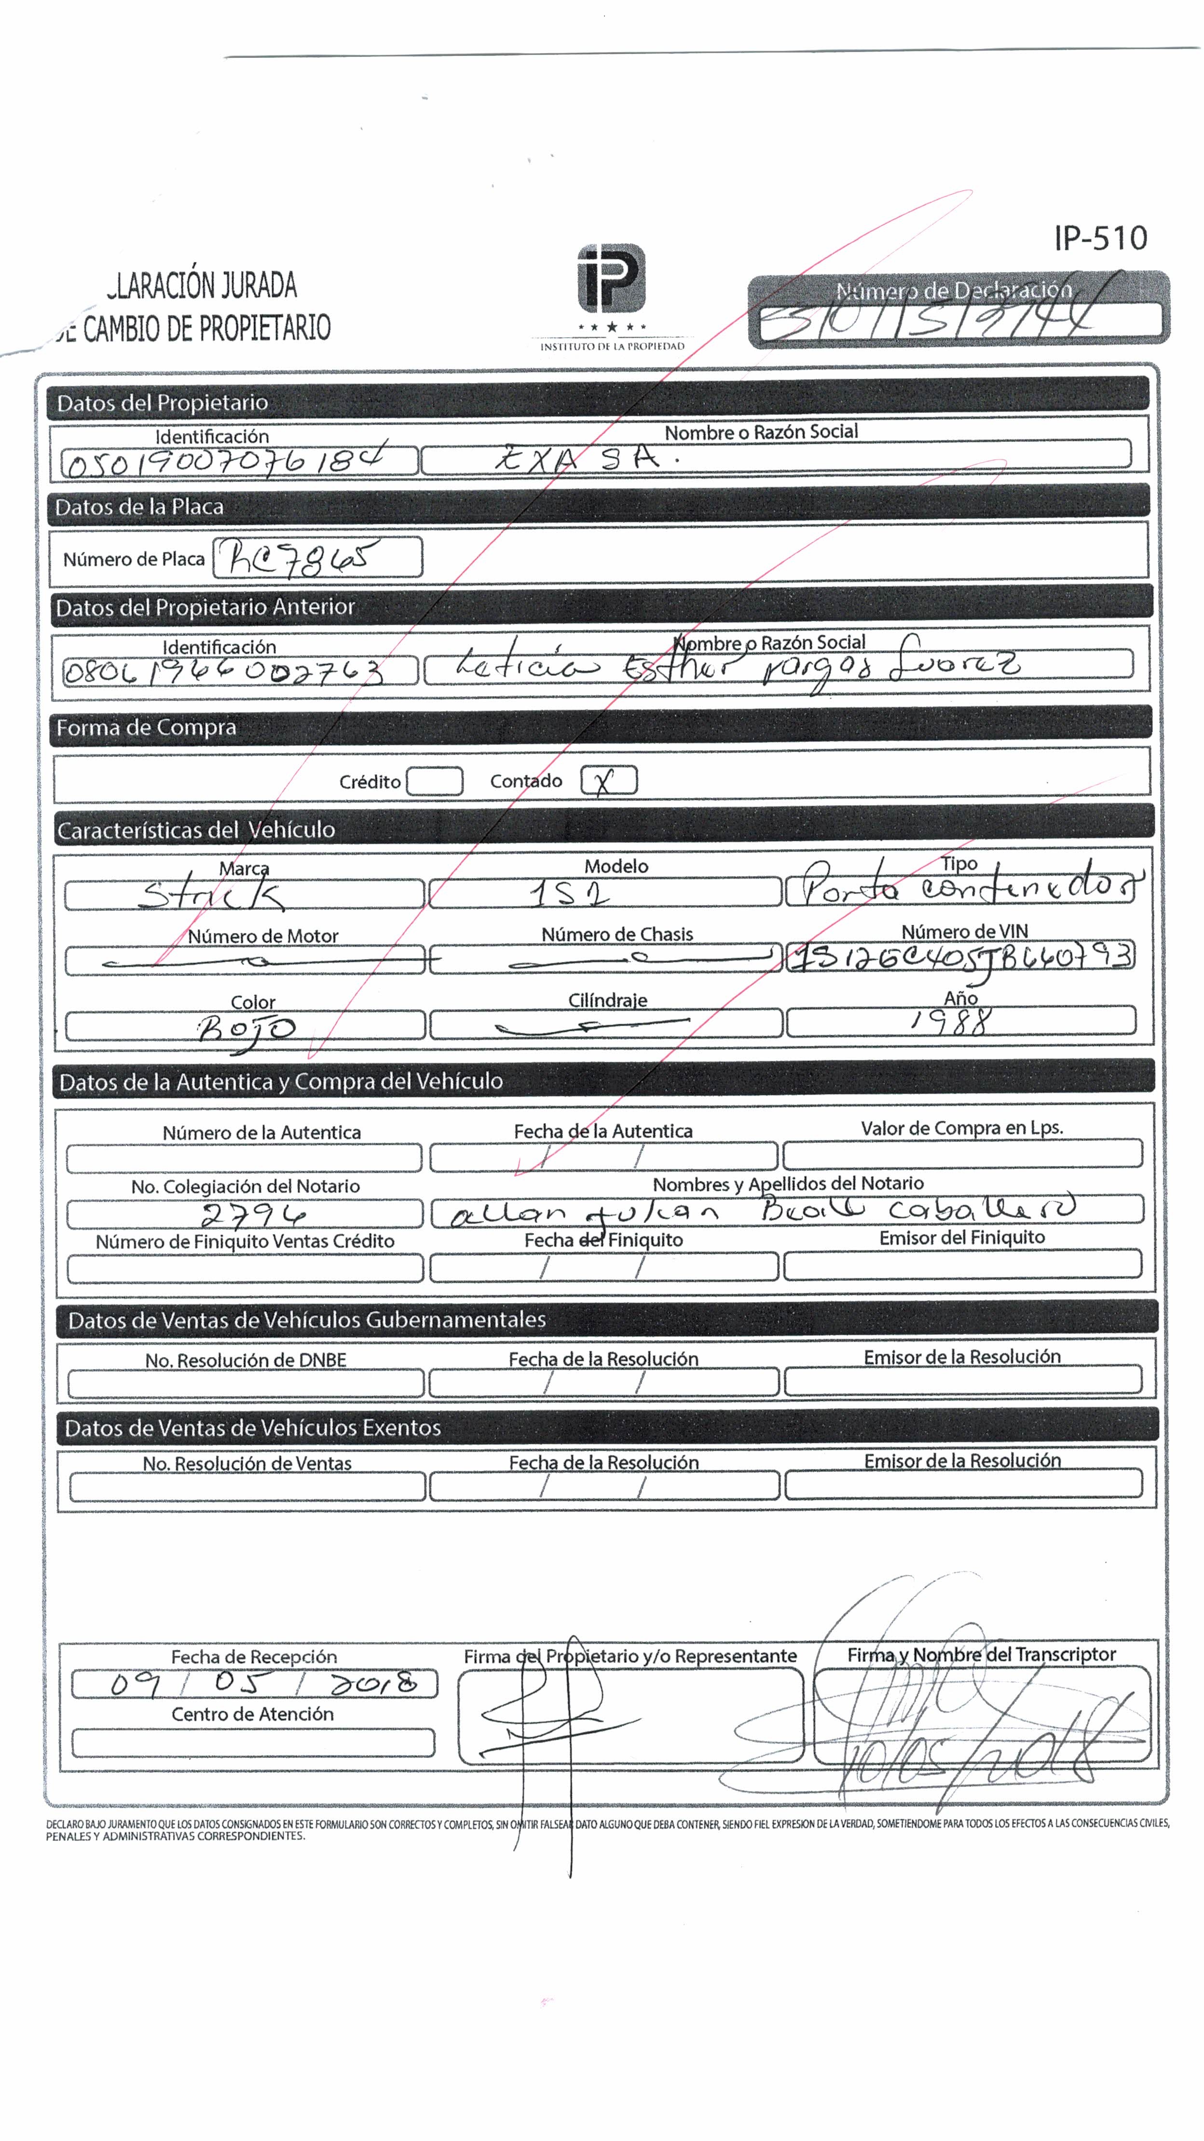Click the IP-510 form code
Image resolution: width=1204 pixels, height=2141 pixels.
coord(1100,238)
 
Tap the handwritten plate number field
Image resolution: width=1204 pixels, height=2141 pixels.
coord(317,557)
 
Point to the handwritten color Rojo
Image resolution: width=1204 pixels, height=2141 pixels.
coord(246,1028)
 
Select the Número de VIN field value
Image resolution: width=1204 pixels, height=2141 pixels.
coord(960,957)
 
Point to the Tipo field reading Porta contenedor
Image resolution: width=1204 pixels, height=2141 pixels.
coord(964,890)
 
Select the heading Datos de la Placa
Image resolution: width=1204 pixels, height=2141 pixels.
coord(139,506)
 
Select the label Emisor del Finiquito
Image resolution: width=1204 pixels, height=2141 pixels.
coord(961,1237)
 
